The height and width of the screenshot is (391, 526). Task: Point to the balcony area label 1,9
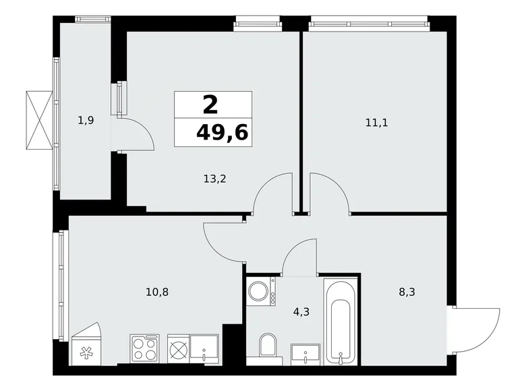(x=86, y=121)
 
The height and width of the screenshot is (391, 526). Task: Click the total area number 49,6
(x=222, y=132)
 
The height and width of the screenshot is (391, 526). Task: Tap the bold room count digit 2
(x=210, y=104)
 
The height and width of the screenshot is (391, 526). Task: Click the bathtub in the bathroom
(x=339, y=320)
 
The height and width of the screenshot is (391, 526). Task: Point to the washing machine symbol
(x=259, y=292)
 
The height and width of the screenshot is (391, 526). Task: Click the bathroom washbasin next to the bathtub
(x=306, y=353)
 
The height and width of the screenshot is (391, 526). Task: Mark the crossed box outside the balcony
(x=39, y=120)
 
